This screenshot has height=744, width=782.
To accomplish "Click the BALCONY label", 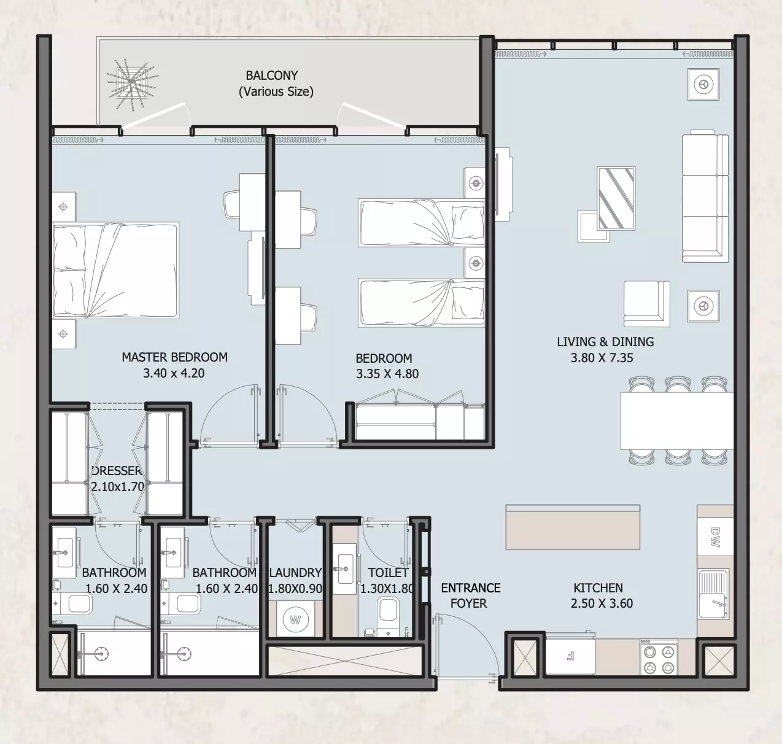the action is click(x=272, y=75).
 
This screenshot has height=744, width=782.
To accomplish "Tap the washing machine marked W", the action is click(x=295, y=619).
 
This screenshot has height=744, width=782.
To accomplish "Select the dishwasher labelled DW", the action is click(x=714, y=537).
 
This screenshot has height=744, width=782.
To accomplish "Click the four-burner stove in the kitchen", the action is click(x=659, y=657).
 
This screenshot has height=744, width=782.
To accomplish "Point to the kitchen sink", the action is click(x=714, y=594).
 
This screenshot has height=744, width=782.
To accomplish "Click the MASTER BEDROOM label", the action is click(x=174, y=357).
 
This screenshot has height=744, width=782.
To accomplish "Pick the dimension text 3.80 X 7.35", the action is click(x=602, y=358).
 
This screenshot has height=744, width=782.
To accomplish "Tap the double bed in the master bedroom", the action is click(x=115, y=271).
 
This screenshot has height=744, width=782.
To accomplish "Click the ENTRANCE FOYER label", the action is click(x=471, y=595).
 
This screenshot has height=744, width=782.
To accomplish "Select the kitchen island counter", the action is click(x=573, y=527).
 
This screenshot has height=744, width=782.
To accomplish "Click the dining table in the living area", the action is click(x=677, y=420).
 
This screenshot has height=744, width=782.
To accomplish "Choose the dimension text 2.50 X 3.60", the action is click(x=602, y=603).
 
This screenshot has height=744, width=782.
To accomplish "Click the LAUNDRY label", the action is click(x=295, y=573).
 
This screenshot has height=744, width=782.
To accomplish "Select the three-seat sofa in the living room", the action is click(x=705, y=196).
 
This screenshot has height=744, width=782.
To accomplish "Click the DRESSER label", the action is click(x=117, y=471).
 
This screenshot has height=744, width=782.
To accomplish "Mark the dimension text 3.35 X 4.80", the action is click(x=387, y=374).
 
